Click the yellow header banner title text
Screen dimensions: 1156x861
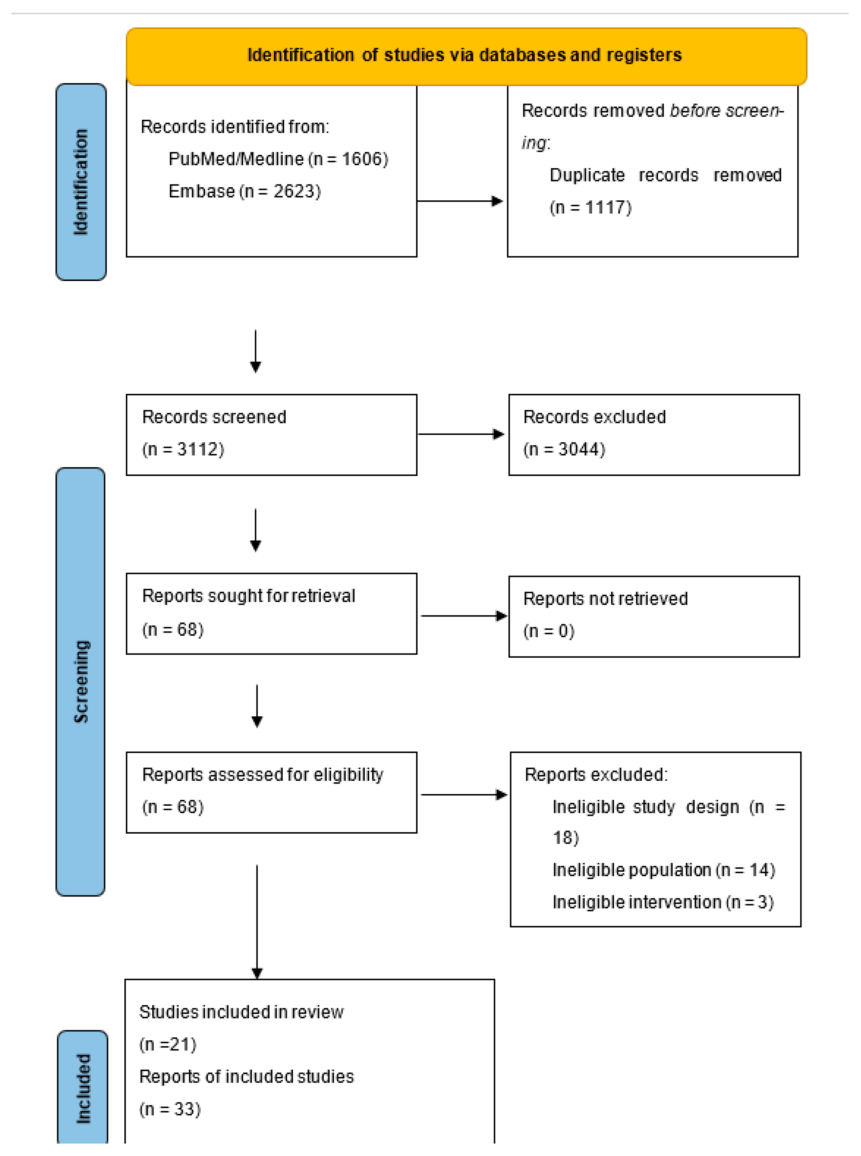coord(464,55)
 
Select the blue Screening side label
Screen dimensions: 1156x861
coord(81,681)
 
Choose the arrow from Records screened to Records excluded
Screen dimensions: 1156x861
coord(461,434)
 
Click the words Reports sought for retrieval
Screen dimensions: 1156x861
coord(249,596)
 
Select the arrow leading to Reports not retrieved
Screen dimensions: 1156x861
coord(463,616)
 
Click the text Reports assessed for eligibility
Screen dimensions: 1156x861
coord(263,774)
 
